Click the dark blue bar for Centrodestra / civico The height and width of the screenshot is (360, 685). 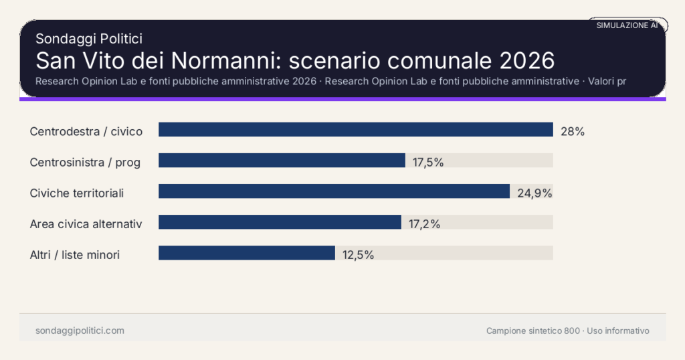click(x=355, y=130)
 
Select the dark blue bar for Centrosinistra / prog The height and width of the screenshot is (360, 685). click(x=282, y=161)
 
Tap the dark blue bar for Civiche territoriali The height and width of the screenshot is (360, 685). click(x=334, y=191)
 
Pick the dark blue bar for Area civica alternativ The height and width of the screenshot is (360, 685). click(x=280, y=222)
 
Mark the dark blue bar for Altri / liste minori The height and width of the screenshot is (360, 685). click(x=246, y=253)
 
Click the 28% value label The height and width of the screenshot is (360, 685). click(x=573, y=132)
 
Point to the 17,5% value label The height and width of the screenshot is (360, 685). click(x=428, y=163)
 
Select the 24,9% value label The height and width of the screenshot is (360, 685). click(x=534, y=193)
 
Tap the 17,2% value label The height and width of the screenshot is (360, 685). click(x=424, y=224)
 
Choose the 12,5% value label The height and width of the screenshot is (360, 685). click(x=358, y=255)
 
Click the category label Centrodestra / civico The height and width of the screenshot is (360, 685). click(x=86, y=132)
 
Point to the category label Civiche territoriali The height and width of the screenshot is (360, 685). click(x=77, y=193)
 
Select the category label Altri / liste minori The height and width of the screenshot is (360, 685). click(x=75, y=255)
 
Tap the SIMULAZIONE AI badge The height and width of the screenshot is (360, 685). click(x=627, y=25)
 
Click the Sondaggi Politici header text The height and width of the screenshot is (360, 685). click(x=89, y=39)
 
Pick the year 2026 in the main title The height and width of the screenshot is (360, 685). click(x=527, y=61)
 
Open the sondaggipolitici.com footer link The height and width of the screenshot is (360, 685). click(x=80, y=331)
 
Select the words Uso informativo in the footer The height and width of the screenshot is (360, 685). click(x=618, y=331)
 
